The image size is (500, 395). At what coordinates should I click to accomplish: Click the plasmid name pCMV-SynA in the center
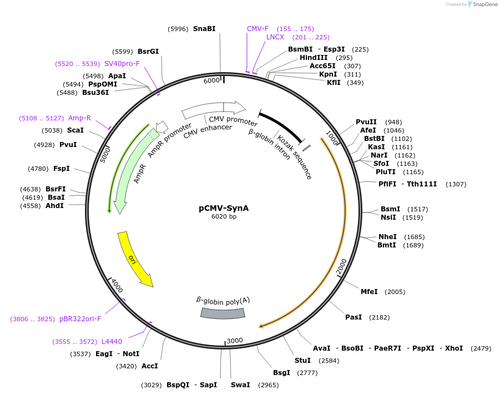coord(224,209)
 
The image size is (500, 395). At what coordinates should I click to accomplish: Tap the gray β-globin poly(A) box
coord(222,313)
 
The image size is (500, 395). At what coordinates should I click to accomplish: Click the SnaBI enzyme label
coord(204,29)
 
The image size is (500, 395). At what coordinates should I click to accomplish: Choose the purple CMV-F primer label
coord(257,28)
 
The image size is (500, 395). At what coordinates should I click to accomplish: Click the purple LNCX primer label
coord(275,37)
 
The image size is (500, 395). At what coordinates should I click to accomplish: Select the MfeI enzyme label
coord(369,292)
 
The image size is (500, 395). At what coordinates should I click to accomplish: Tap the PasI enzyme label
coord(353,317)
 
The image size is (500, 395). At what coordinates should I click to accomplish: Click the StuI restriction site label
coord(302,361)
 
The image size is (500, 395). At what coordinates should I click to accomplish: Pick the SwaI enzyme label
coord(240,385)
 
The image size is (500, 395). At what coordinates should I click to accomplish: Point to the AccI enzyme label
coord(150,366)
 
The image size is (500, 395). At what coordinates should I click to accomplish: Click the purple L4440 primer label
coord(112,342)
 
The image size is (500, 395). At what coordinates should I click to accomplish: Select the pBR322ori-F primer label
coord(80,319)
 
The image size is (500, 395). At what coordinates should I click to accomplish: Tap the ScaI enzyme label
coord(75,130)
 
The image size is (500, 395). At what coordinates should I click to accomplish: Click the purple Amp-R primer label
coord(79,118)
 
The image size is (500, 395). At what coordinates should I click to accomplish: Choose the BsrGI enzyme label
coord(148,51)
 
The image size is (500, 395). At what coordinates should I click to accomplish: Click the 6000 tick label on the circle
coord(212,80)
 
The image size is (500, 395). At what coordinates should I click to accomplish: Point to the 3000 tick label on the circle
coord(235,340)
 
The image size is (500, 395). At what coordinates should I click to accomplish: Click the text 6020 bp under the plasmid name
coord(224,217)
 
